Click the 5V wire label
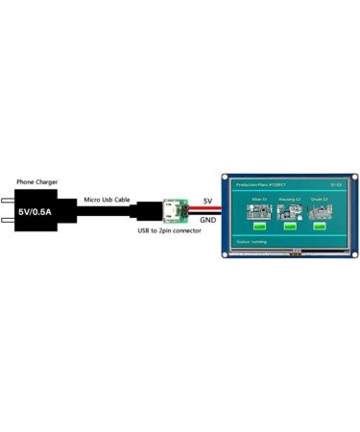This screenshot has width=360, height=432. pos(208,201)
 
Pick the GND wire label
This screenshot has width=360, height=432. pos(207,219)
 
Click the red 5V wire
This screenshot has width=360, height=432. pos(206,208)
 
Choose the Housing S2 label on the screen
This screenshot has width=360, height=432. pos(289,201)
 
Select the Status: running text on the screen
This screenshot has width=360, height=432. pos(252,243)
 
